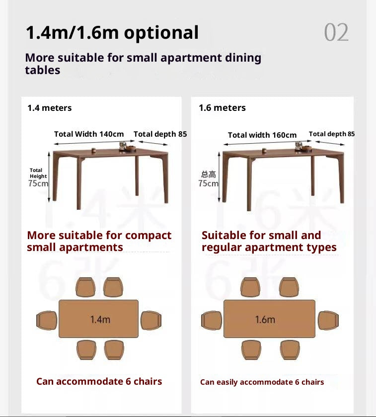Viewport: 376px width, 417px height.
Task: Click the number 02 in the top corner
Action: [x=336, y=33]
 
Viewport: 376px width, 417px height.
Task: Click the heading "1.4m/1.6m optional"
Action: [x=112, y=33]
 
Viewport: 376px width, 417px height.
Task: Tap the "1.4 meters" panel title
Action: [x=49, y=108]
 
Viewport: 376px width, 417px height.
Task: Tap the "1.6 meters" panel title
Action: [x=222, y=108]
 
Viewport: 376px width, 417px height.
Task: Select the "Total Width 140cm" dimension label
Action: [x=89, y=134]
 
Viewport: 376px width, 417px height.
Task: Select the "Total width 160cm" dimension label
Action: [x=262, y=135]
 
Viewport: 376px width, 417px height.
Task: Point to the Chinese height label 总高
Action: [x=209, y=174]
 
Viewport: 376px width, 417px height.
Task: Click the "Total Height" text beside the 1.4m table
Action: [x=38, y=173]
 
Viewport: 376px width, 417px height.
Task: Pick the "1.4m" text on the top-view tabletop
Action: [x=100, y=319]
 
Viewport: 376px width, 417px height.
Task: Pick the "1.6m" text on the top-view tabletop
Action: [x=265, y=319]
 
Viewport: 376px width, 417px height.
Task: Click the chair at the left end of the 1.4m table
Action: [x=47, y=320]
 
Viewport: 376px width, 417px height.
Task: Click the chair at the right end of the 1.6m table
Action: [x=328, y=320]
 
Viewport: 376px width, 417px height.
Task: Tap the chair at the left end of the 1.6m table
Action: [x=211, y=320]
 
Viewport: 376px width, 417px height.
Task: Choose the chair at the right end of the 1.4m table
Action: [x=151, y=320]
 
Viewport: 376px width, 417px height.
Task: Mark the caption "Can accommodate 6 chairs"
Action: [x=99, y=381]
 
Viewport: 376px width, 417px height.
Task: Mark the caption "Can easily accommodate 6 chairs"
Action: [x=262, y=382]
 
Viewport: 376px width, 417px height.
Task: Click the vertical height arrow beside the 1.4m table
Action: [x=49, y=177]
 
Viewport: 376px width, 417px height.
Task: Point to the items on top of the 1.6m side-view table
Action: [x=301, y=146]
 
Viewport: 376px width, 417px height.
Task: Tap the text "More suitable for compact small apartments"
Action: [x=99, y=241]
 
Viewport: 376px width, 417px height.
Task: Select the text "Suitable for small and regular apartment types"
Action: [x=269, y=241]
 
